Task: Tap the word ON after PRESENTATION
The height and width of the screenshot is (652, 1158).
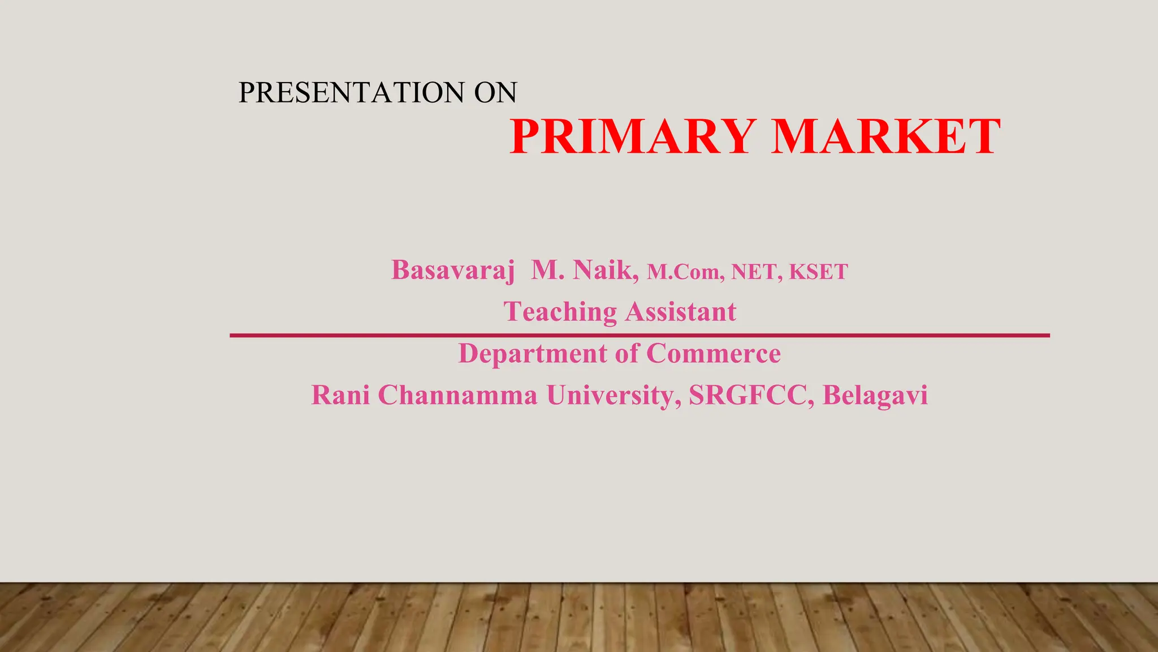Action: [495, 92]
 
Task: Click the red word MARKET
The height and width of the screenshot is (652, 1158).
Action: [886, 137]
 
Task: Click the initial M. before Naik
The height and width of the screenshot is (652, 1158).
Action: [547, 270]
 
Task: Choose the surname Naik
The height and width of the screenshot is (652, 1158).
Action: [605, 270]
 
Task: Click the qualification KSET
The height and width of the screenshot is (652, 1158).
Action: [818, 272]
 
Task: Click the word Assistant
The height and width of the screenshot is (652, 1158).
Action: [681, 312]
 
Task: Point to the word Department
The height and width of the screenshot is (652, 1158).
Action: [532, 354]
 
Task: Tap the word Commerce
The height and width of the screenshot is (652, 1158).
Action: [713, 354]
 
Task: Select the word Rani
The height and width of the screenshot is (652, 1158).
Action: [340, 395]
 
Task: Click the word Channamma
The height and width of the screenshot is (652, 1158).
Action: [457, 395]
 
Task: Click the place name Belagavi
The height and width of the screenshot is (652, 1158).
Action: [875, 395]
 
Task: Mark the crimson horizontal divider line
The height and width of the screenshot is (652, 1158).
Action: [639, 336]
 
